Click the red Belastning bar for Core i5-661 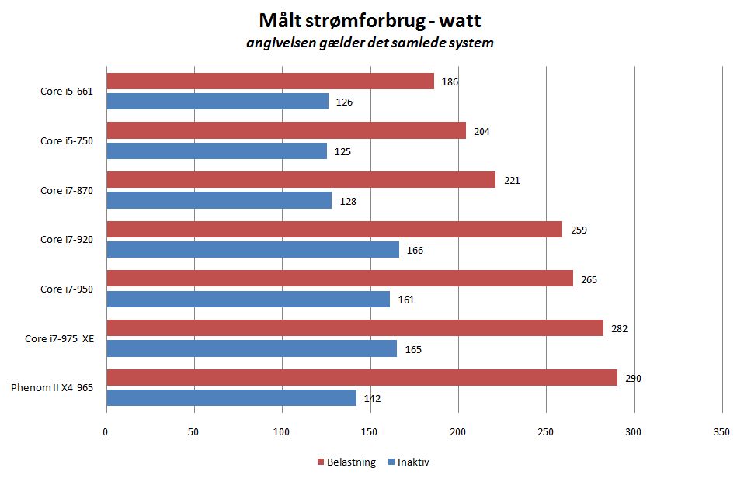269,81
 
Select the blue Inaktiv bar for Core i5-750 216,151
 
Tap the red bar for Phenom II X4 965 361,378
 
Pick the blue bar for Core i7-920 252,249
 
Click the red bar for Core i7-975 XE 354,328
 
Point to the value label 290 633,378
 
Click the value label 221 511,180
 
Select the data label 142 372,399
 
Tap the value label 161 405,300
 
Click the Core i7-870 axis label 67,190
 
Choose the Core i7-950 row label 67,289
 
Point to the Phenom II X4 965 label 52,388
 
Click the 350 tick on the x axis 721,431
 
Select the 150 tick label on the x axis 370,431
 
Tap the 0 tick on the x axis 106,431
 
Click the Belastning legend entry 347,462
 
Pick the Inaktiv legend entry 412,462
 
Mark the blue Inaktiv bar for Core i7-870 218,200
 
